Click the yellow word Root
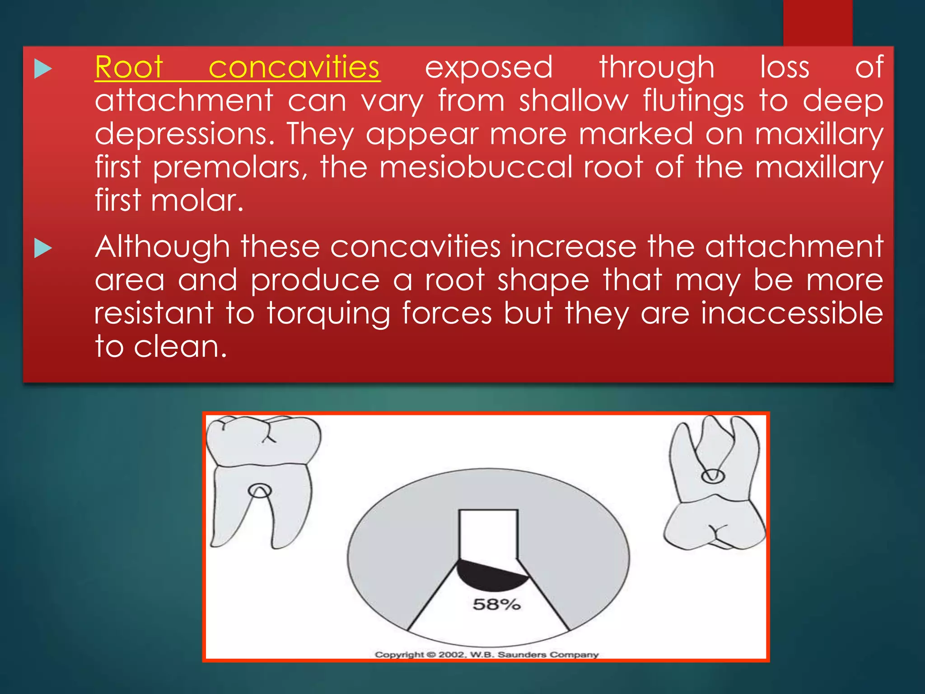(129, 68)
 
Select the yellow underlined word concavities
(294, 68)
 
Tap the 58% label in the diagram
(496, 604)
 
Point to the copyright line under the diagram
(486, 654)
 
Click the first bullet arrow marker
(43, 69)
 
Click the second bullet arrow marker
(43, 249)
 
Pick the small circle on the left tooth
(260, 491)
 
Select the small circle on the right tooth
(713, 476)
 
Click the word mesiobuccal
(476, 167)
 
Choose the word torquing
(328, 314)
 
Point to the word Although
(163, 247)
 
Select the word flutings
(693, 101)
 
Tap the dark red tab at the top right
(818, 23)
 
